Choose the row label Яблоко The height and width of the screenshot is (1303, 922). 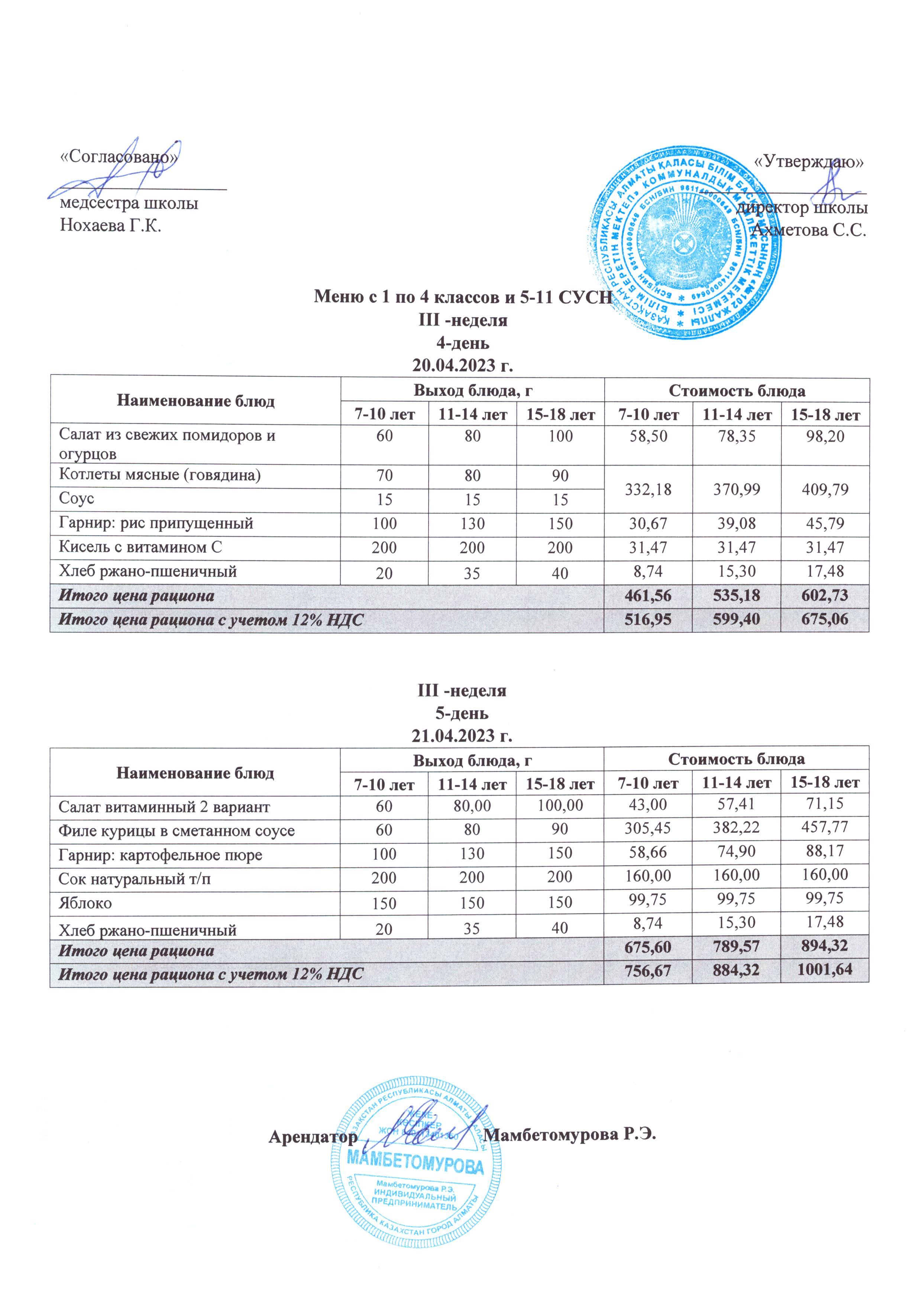pos(85,903)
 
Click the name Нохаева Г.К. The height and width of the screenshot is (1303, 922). pos(111,226)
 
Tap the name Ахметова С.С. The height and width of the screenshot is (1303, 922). pos(808,230)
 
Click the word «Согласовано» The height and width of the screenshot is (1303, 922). pos(119,157)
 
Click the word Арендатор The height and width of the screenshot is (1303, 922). pos(313,1137)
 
